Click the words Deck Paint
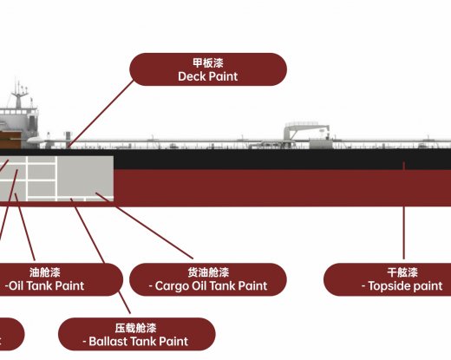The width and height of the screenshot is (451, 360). pos(207,76)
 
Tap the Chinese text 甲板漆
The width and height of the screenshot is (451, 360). pos(207,62)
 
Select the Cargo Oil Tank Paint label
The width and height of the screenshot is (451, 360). pos(208,285)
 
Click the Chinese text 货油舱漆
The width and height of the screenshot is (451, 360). pos(208,272)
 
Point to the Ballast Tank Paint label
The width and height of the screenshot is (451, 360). pos(137,341)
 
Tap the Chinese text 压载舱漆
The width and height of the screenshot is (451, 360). pos(137,328)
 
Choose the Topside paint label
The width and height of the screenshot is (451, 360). pos(403,285)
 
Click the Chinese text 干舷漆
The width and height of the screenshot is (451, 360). pos(403,272)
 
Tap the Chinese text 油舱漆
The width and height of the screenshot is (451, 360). pos(45,272)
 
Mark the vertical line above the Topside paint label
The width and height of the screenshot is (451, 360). pos(403,217)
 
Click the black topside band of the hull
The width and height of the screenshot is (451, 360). pos(260,161)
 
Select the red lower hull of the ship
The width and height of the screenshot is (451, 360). pos(260,187)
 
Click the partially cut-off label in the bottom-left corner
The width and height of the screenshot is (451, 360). pos(10,332)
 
